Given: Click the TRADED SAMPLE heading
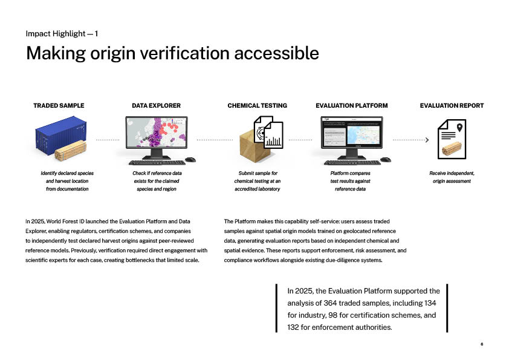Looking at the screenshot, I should pyautogui.click(x=59, y=105).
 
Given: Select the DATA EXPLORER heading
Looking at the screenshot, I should pyautogui.click(x=156, y=105).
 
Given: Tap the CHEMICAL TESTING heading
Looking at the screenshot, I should pyautogui.click(x=257, y=105).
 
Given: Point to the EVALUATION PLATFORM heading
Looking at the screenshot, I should pyautogui.click(x=351, y=105).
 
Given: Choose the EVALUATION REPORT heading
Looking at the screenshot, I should pyautogui.click(x=452, y=105).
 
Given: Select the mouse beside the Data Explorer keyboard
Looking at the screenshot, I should pyautogui.click(x=190, y=160).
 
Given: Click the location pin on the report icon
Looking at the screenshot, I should pyautogui.click(x=460, y=128).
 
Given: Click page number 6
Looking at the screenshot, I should pyautogui.click(x=482, y=344).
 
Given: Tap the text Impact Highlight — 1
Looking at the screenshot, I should pyautogui.click(x=62, y=33).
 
